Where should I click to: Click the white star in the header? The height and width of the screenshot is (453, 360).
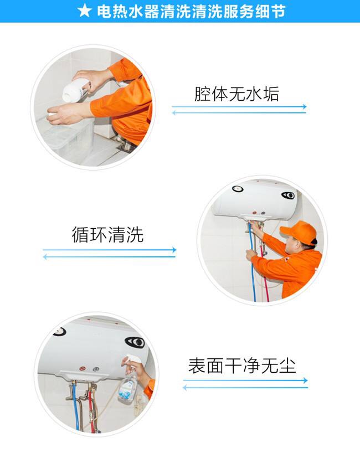point(84,11)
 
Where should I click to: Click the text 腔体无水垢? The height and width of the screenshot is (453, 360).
point(236,94)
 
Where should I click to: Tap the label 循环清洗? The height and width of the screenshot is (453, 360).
point(107,235)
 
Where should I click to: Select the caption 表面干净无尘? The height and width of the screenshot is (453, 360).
point(242,366)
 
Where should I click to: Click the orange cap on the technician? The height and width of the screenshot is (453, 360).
point(299,231)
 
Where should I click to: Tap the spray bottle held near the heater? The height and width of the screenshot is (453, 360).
point(129,378)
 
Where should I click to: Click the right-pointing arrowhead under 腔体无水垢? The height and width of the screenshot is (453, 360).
point(304,107)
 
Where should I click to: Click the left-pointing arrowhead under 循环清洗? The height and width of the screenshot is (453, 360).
point(45,256)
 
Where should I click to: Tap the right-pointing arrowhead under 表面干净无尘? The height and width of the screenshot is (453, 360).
point(305,380)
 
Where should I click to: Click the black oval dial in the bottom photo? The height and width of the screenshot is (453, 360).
point(135,342)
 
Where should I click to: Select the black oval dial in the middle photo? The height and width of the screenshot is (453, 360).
point(288,195)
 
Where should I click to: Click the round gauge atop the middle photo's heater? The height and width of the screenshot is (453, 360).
point(238,189)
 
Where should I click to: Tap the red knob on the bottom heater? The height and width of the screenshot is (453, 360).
point(83,369)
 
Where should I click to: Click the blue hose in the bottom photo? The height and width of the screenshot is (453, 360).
point(76,405)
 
